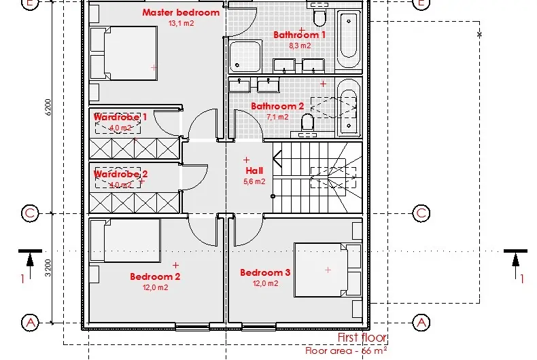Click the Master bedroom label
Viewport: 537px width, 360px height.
(x=181, y=12)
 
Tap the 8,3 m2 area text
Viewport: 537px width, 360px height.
(x=300, y=46)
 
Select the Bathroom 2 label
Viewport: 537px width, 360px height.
(x=277, y=106)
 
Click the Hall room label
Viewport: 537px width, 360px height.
(x=254, y=170)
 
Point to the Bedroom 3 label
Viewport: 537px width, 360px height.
(x=265, y=272)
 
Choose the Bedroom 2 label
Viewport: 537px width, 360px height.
(x=155, y=276)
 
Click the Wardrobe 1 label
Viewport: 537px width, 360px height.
(x=120, y=117)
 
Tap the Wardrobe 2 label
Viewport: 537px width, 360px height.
(x=120, y=174)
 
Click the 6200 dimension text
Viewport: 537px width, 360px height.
(x=48, y=108)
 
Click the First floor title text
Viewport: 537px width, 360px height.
(x=362, y=338)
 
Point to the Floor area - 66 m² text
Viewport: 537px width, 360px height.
(x=346, y=351)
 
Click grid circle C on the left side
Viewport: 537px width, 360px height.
(x=29, y=213)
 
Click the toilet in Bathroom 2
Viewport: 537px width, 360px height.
(x=307, y=122)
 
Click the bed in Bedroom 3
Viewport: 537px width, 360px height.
(x=327, y=270)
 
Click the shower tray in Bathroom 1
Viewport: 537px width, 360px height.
(x=244, y=56)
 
